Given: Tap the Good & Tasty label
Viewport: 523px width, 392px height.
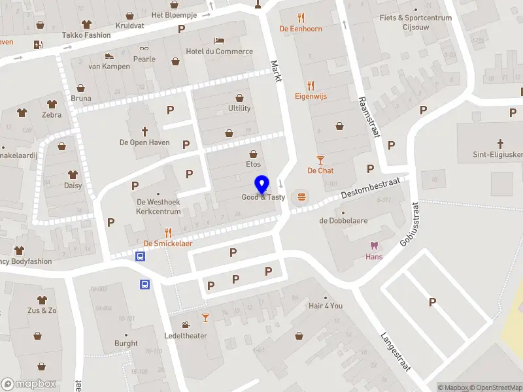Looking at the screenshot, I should click(263, 197).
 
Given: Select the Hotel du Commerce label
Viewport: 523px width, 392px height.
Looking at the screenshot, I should click(219, 52).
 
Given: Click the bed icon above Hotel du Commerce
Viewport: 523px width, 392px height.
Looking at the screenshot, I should click(220, 41).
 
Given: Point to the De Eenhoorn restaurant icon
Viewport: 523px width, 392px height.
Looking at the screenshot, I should click(301, 18).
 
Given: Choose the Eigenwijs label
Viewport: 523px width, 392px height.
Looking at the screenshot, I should click(311, 96).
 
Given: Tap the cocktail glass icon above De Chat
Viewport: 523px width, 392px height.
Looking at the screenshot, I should click(320, 159).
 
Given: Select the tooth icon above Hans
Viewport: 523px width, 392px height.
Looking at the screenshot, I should click(374, 246).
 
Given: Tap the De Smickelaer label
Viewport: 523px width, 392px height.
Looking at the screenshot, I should click(167, 244).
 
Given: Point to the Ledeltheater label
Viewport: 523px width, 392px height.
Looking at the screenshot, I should click(186, 336).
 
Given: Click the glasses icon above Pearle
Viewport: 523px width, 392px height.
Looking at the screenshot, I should click(144, 48).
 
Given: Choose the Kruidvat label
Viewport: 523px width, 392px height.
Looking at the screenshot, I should click(129, 26).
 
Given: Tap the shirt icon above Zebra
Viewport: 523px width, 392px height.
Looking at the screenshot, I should click(52, 104).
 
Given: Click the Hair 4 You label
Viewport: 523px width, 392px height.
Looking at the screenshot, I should click(326, 306).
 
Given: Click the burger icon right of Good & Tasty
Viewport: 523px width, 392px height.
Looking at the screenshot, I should click(301, 196).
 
